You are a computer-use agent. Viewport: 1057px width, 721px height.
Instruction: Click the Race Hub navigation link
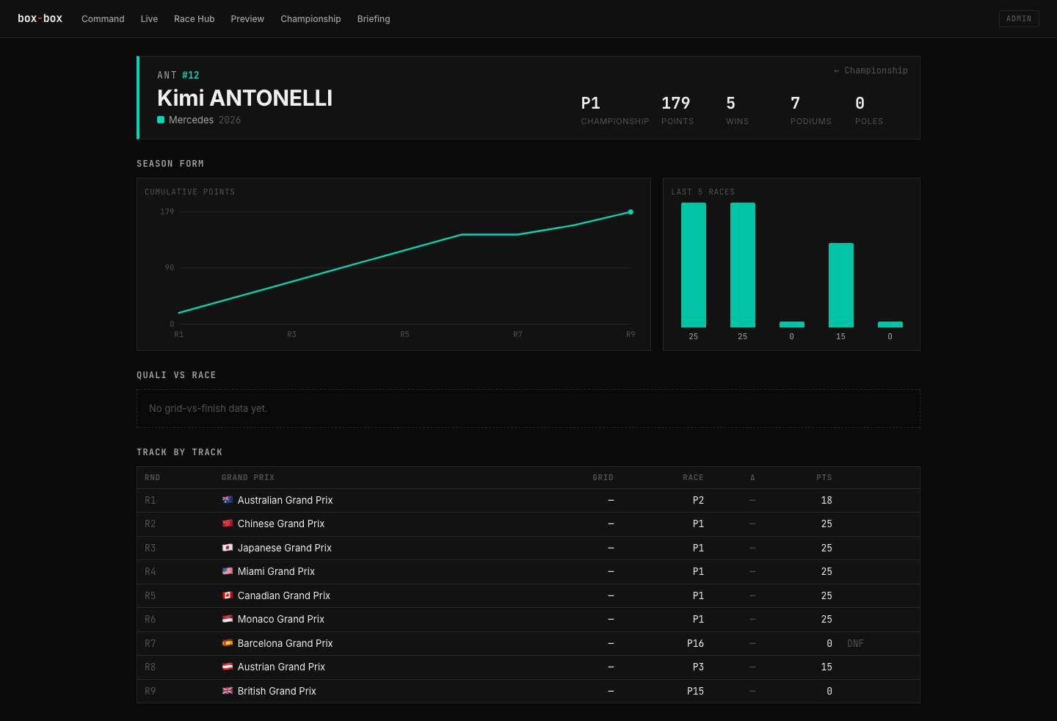pyautogui.click(x=194, y=19)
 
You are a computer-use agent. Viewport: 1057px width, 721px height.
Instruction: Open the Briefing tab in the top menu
pyautogui.click(x=373, y=19)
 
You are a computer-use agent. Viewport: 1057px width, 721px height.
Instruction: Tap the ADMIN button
pyautogui.click(x=1019, y=19)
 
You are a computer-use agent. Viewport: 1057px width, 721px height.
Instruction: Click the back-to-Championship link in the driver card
pyautogui.click(x=871, y=70)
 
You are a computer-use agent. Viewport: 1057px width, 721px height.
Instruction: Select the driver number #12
pyautogui.click(x=191, y=75)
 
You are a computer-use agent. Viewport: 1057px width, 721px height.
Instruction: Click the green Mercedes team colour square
pyautogui.click(x=161, y=120)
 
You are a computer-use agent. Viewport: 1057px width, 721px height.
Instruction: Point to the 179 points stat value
pyautogui.click(x=675, y=103)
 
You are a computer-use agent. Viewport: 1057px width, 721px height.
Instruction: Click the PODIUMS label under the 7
pyautogui.click(x=810, y=121)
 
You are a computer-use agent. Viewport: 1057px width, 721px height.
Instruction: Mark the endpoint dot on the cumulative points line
pyautogui.click(x=631, y=212)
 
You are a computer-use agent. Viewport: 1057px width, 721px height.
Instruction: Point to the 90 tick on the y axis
pyautogui.click(x=170, y=267)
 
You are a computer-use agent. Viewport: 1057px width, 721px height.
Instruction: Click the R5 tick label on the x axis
pyautogui.click(x=404, y=334)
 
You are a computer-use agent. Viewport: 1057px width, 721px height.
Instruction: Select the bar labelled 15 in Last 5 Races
pyautogui.click(x=841, y=285)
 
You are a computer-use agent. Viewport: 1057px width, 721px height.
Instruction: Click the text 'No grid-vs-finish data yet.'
pyautogui.click(x=208, y=408)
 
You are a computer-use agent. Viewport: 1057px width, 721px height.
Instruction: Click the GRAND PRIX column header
pyautogui.click(x=248, y=477)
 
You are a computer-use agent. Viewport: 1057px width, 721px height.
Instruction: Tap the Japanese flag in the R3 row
pyautogui.click(x=228, y=547)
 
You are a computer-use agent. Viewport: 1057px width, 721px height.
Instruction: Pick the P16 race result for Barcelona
pyautogui.click(x=695, y=643)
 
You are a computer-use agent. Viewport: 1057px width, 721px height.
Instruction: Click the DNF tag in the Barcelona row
pyautogui.click(x=855, y=643)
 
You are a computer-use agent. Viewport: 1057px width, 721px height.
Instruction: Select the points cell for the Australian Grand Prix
pyautogui.click(x=827, y=500)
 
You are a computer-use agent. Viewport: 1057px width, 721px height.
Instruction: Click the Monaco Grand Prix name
pyautogui.click(x=280, y=619)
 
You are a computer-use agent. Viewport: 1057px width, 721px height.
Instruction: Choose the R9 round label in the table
pyautogui.click(x=150, y=691)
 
